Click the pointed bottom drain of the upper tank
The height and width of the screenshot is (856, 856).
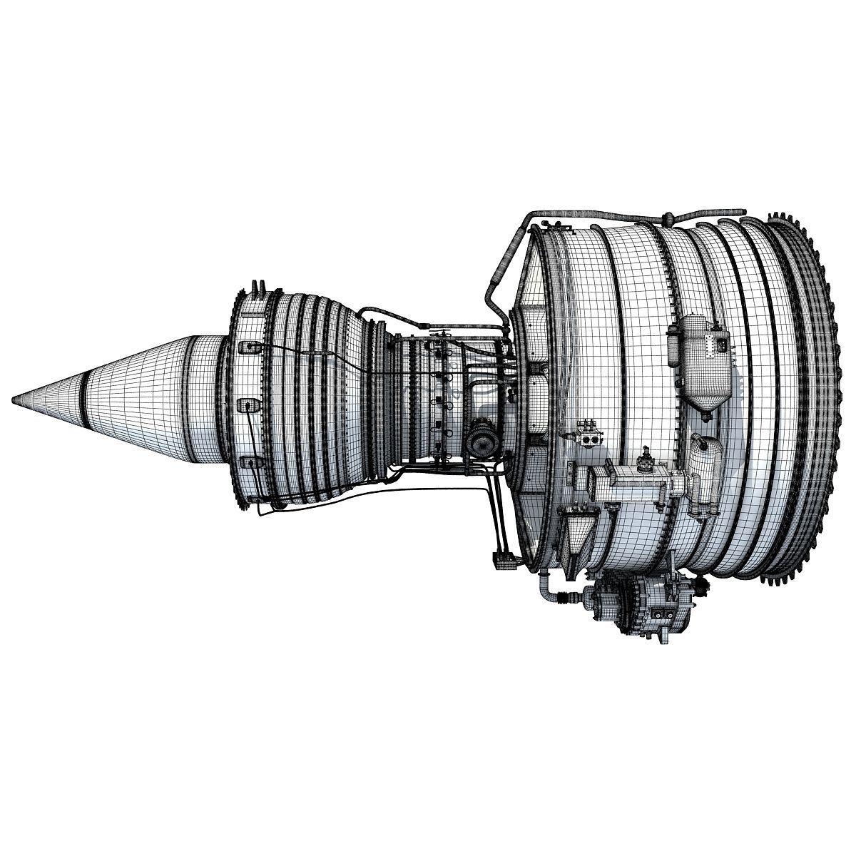pyautogui.click(x=707, y=411)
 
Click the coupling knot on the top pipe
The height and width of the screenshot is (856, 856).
pyautogui.click(x=669, y=217)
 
